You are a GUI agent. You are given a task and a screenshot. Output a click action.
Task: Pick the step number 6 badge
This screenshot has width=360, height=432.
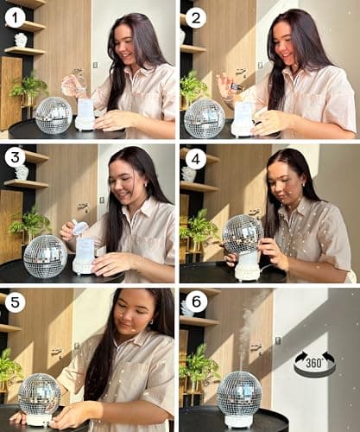point(198,304)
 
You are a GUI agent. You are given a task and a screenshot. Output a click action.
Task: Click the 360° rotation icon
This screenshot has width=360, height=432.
point(314,362)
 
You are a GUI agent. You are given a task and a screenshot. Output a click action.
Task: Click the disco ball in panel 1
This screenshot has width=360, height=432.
point(54,115)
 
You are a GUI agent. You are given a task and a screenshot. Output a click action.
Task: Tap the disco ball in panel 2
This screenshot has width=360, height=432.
point(205,118)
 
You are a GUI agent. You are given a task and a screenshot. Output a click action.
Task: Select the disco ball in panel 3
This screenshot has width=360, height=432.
point(46,256)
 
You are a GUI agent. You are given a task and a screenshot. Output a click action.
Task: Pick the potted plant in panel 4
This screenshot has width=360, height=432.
point(199,230)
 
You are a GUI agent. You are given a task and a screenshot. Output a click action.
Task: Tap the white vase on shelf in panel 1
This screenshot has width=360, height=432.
point(21,40)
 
